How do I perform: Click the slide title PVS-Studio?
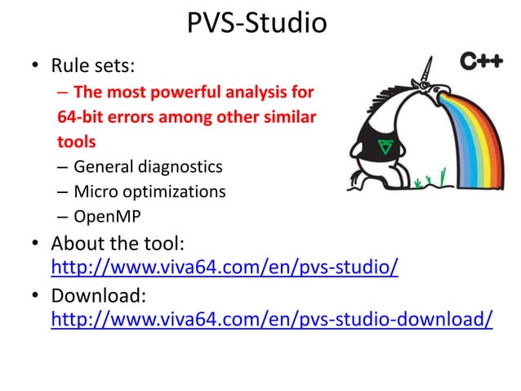click(256, 23)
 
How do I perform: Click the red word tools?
click(76, 142)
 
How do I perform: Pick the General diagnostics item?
click(147, 167)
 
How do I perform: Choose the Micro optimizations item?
click(149, 192)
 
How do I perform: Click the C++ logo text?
click(481, 61)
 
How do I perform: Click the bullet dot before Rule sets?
click(36, 65)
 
